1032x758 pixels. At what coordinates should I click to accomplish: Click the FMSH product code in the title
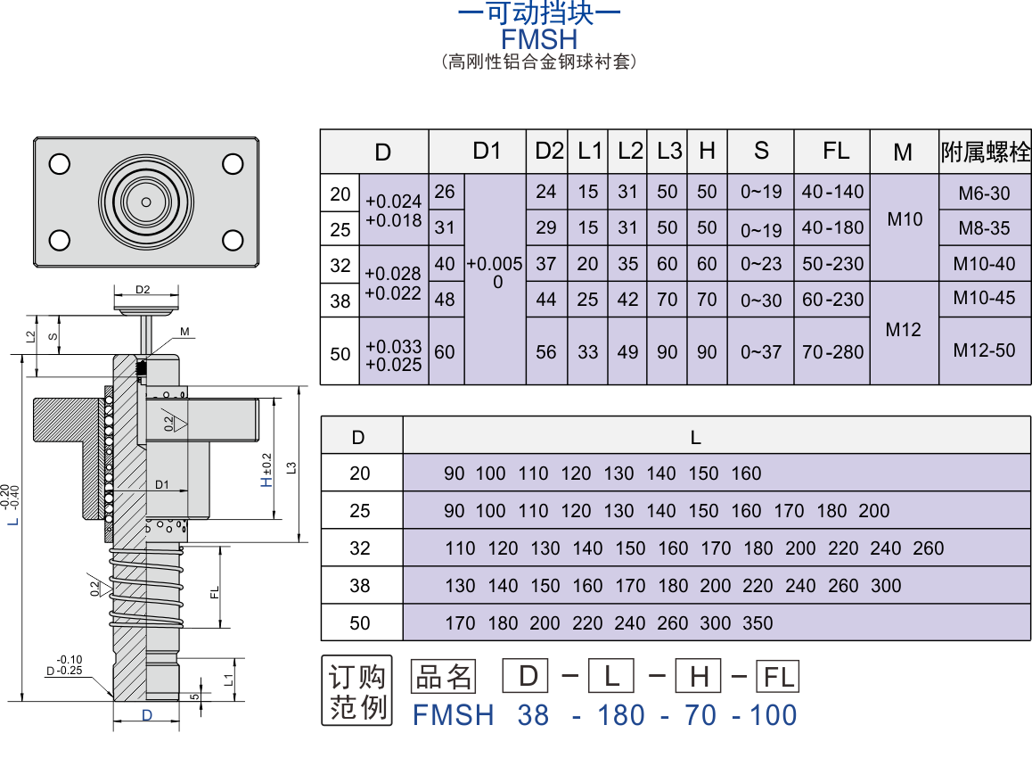pyautogui.click(x=539, y=39)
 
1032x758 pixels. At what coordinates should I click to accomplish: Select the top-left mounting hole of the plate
pyautogui.click(x=60, y=164)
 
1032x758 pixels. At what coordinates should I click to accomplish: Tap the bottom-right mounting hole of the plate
pyautogui.click(x=233, y=240)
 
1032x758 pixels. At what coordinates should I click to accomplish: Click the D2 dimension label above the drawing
pyautogui.click(x=143, y=290)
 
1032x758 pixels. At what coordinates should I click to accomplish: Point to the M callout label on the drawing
pyautogui.click(x=185, y=332)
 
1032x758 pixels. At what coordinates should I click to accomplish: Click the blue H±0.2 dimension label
pyautogui.click(x=266, y=470)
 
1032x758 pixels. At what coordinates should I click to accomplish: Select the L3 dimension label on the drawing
pyautogui.click(x=291, y=468)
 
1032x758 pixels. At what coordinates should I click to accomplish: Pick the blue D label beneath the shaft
pyautogui.click(x=147, y=716)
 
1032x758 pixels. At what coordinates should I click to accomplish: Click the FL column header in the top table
pyautogui.click(x=836, y=151)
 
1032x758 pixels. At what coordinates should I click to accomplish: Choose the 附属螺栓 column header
pyautogui.click(x=986, y=152)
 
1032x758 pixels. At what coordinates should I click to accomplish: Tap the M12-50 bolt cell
pyautogui.click(x=984, y=350)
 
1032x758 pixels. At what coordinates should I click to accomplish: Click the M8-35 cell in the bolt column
pyautogui.click(x=984, y=228)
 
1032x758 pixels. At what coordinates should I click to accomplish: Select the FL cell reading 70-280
pyautogui.click(x=832, y=352)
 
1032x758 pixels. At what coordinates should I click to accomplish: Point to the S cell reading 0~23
pyautogui.click(x=761, y=264)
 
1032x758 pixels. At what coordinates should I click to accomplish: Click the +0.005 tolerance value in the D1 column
pyautogui.click(x=495, y=264)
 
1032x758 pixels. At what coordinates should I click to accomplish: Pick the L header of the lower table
pyautogui.click(x=696, y=438)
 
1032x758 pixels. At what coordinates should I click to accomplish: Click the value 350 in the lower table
pyautogui.click(x=758, y=623)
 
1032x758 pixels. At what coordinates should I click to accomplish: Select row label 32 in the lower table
pyautogui.click(x=360, y=548)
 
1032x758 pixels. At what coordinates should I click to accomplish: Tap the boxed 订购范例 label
pyautogui.click(x=356, y=691)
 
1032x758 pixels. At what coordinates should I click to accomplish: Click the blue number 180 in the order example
pyautogui.click(x=620, y=715)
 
